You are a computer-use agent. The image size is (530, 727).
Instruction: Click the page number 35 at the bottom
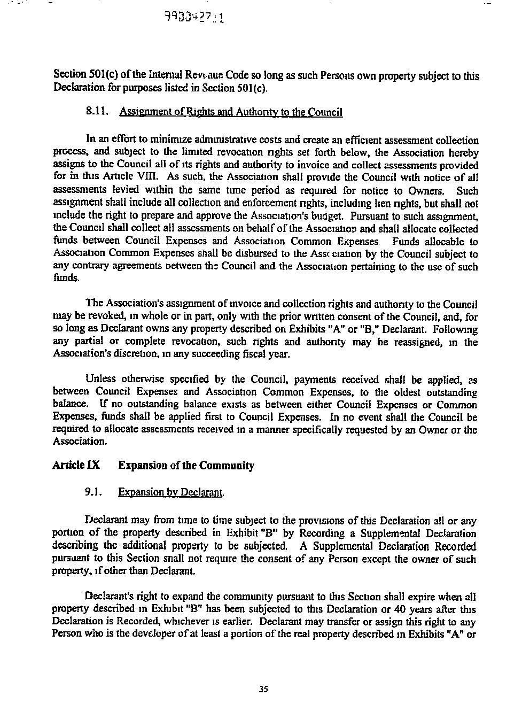tap(262, 689)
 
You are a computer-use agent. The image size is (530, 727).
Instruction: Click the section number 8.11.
tap(97, 112)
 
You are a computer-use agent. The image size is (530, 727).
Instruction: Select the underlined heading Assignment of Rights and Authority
tap(231, 112)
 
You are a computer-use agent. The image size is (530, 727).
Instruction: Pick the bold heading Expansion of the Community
tap(186, 465)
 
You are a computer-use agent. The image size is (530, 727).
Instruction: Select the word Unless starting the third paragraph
tap(100, 380)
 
